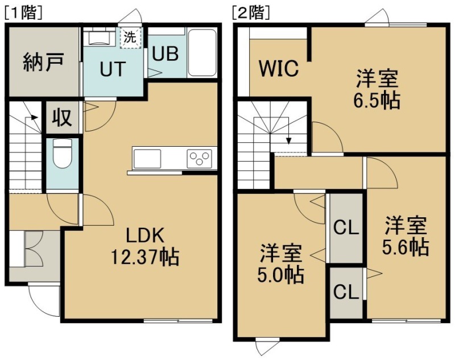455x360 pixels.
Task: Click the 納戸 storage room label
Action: pyautogui.click(x=43, y=62)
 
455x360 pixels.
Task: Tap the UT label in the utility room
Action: pyautogui.click(x=113, y=69)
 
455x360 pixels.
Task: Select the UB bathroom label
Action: pyautogui.click(x=166, y=53)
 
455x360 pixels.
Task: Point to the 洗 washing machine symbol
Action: pyautogui.click(x=130, y=37)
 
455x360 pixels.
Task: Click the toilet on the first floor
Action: pyautogui.click(x=63, y=154)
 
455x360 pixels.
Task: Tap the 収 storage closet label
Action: pyautogui.click(x=62, y=117)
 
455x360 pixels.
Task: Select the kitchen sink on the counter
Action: pyautogui.click(x=147, y=159)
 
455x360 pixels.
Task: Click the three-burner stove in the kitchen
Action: pyautogui.click(x=199, y=158)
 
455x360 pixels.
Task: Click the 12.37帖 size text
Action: pyautogui.click(x=144, y=256)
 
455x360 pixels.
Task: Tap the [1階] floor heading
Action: pyautogui.click(x=23, y=13)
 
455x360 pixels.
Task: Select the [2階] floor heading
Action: pyautogui.click(x=251, y=13)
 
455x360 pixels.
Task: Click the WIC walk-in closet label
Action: pyautogui.click(x=279, y=68)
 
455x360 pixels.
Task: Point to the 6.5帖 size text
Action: pyautogui.click(x=377, y=100)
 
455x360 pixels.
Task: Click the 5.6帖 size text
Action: pyautogui.click(x=406, y=247)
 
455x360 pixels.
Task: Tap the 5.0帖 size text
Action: pyautogui.click(x=281, y=275)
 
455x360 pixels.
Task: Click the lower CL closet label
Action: pyautogui.click(x=346, y=292)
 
